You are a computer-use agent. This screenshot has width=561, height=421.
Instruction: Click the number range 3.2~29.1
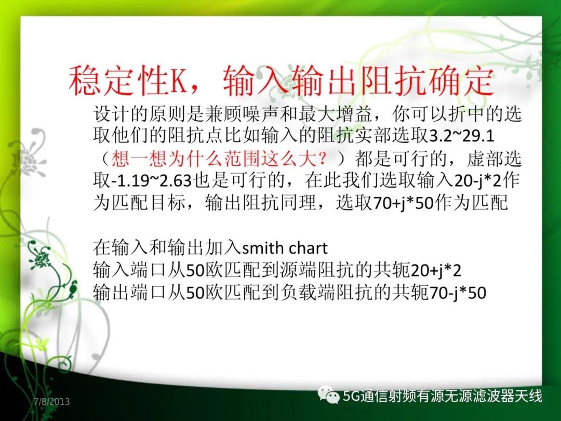[x=462, y=136]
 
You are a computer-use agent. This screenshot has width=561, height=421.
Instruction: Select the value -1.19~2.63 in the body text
[x=152, y=181]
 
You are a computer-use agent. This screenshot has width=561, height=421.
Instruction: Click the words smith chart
[x=285, y=248]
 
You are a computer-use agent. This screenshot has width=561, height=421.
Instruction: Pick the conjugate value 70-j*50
[x=457, y=293]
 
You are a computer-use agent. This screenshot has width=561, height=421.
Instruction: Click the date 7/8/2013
[x=52, y=401]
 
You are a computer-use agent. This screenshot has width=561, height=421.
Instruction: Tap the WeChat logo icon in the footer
[x=328, y=394]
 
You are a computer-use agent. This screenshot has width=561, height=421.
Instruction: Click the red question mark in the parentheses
[x=323, y=158]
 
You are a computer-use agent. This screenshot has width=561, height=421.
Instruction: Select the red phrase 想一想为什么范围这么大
[x=214, y=159]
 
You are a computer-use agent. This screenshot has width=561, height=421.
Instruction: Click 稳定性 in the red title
[x=118, y=81]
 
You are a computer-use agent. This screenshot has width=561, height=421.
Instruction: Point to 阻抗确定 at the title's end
[x=426, y=81]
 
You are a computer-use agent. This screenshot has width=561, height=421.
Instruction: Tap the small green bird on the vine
[x=73, y=288]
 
